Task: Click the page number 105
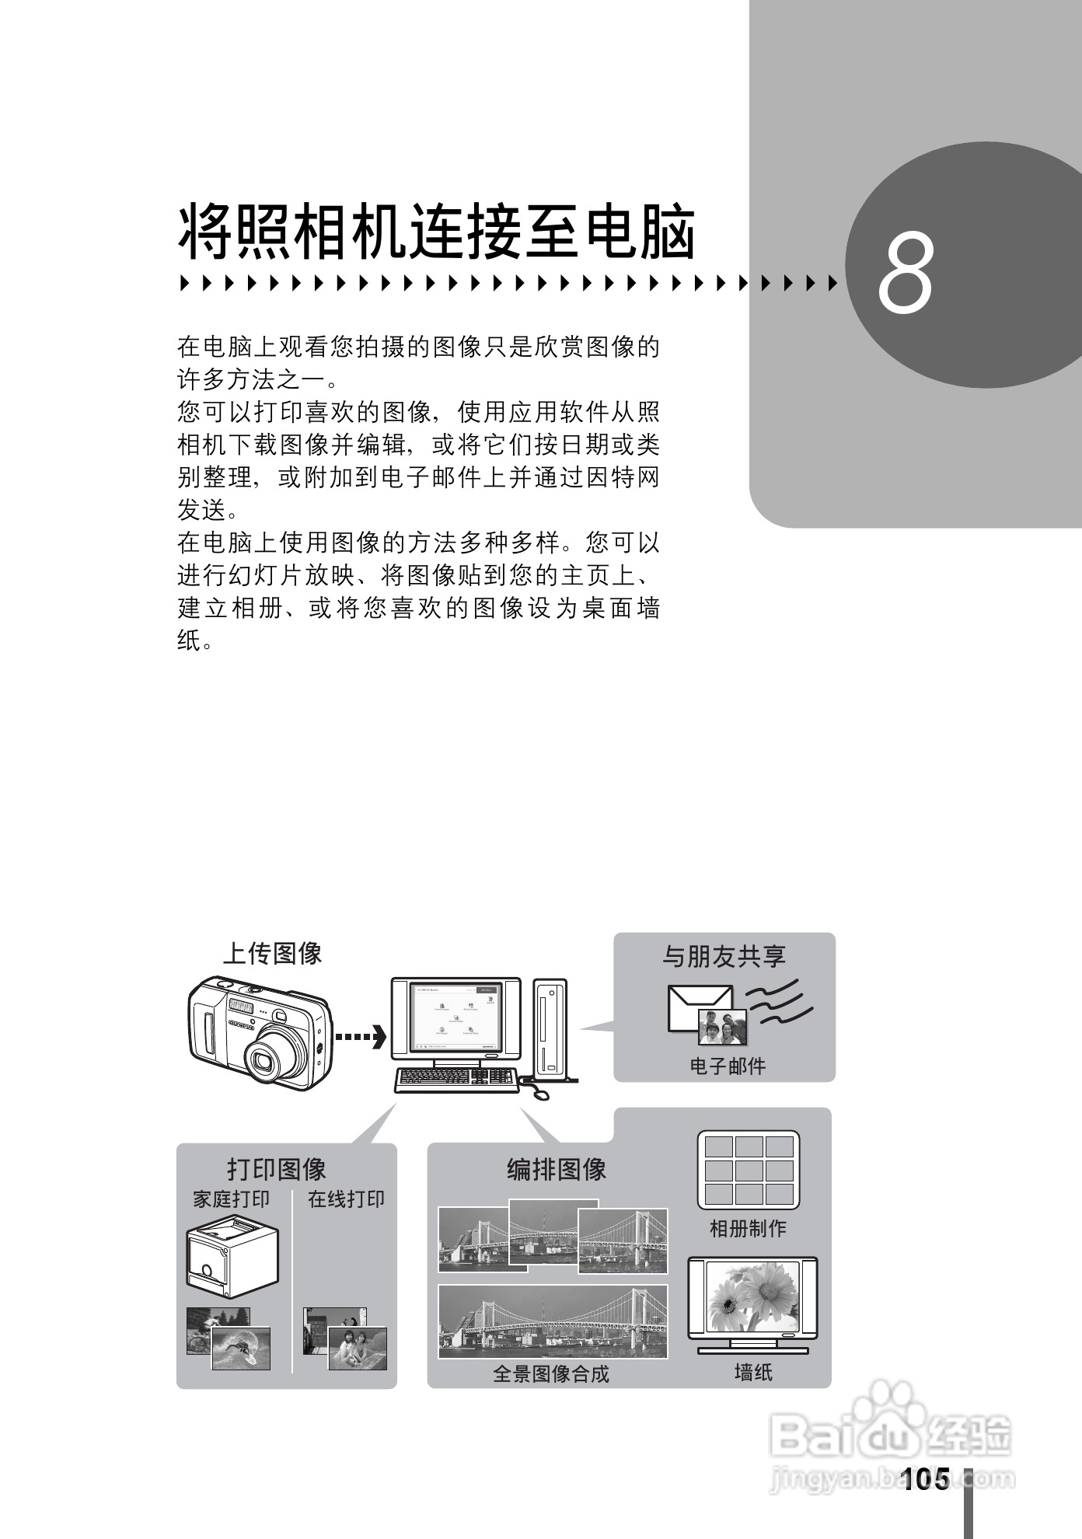(x=926, y=1478)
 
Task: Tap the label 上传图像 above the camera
(x=273, y=953)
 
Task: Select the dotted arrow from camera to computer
(x=359, y=1037)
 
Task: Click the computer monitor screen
(x=455, y=1017)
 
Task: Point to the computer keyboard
(x=455, y=1079)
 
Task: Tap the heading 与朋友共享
(x=724, y=956)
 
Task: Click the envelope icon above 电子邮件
(x=698, y=1003)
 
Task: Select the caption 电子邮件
(x=728, y=1066)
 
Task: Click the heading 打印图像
(x=277, y=1169)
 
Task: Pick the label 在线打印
(x=346, y=1199)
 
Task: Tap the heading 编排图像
(x=557, y=1169)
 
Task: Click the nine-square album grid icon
(x=748, y=1170)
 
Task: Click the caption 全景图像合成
(x=551, y=1373)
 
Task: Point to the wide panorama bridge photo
(x=553, y=1321)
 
